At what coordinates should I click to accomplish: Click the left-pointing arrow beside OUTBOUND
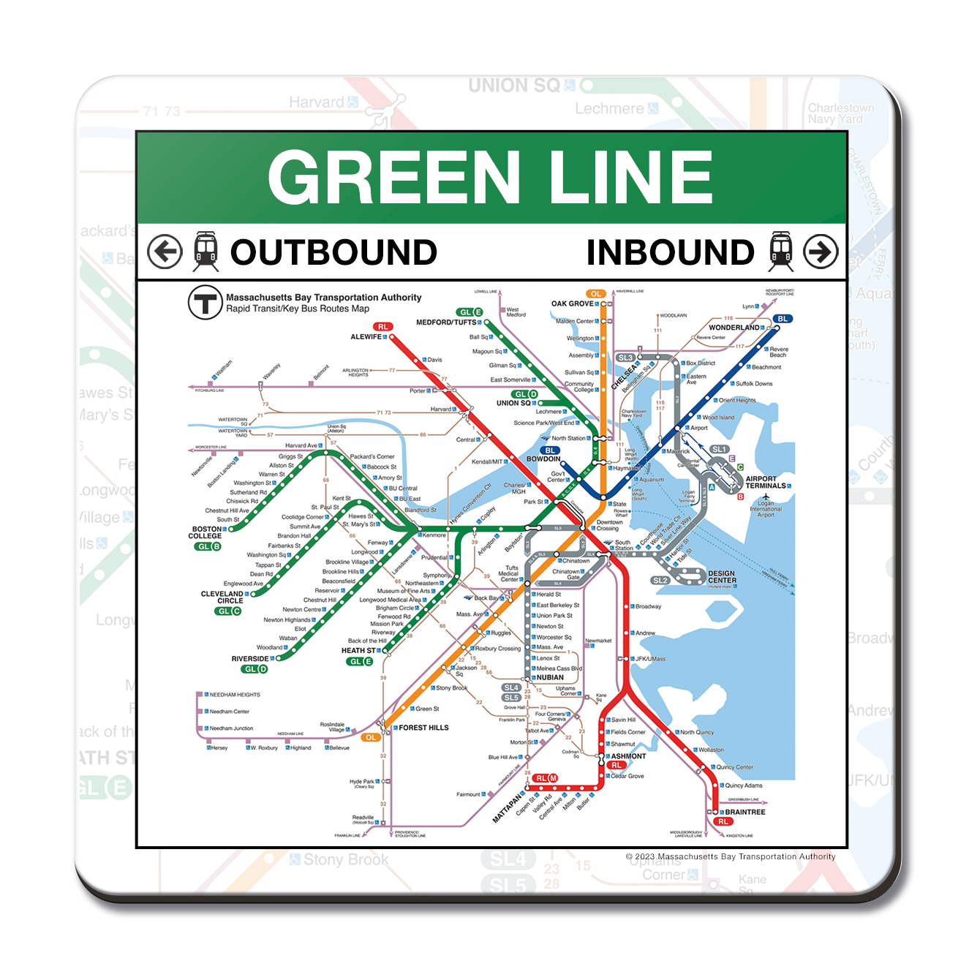coord(165,252)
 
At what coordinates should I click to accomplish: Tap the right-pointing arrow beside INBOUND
coord(821,252)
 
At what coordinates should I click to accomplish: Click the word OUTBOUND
coord(333,252)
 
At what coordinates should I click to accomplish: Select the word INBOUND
coord(670,252)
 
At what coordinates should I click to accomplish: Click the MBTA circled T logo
coord(205,302)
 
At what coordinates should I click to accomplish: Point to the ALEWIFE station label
coord(366,337)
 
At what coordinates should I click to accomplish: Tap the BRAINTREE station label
coord(745,812)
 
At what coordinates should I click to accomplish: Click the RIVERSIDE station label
coord(249,659)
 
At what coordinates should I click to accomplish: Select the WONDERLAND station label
coord(734,328)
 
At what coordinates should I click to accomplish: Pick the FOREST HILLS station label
coord(423,728)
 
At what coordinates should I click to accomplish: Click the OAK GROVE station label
coord(572,303)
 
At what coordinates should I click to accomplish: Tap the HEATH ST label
coord(358,650)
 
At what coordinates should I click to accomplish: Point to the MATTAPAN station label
coord(508,807)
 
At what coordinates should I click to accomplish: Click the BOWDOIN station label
coord(543,459)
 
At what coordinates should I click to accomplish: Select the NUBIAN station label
coord(550,677)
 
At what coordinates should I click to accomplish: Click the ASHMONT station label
coord(628,756)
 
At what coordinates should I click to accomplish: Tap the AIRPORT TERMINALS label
coord(765,483)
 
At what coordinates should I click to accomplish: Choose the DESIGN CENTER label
coord(722,577)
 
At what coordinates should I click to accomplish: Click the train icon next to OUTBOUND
coord(206,252)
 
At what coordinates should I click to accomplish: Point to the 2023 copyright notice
coord(730,856)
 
